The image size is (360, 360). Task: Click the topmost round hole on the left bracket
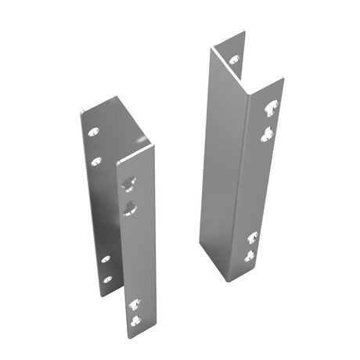coord(93,132)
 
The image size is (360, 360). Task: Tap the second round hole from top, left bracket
coord(97,161)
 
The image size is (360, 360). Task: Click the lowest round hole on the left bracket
coord(107,279)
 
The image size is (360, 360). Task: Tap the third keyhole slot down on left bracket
coord(134,302)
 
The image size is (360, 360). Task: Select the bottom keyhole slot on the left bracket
coord(135,321)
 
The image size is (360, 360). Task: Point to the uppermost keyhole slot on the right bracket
coord(270,110)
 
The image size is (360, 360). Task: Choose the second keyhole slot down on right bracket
coord(266,134)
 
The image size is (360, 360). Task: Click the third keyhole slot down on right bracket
coord(252,236)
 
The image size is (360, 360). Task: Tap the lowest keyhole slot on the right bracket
coord(250,255)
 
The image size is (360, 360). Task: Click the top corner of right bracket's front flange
coord(279,80)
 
